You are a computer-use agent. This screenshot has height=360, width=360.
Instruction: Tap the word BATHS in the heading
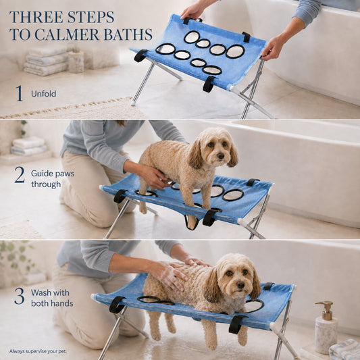pos(128,34)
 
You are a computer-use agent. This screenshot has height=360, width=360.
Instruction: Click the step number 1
pos(20,93)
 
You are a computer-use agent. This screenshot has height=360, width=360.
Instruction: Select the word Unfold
pos(44,94)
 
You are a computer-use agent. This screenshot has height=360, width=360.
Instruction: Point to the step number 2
pos(20,175)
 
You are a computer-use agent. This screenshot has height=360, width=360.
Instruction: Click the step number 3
pos(20,297)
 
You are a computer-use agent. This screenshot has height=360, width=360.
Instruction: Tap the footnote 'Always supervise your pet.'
pos(38,351)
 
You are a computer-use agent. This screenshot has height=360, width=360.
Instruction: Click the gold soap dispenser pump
pos(325,310)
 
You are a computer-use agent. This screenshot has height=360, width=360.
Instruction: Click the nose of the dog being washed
pos(240,285)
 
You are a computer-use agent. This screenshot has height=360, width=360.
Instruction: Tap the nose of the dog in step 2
pos(221,156)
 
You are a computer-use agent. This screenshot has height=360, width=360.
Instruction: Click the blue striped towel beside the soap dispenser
pos(344,350)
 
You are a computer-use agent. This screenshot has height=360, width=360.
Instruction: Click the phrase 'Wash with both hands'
pos(52,298)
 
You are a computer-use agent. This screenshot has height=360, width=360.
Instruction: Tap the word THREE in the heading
pos(33,17)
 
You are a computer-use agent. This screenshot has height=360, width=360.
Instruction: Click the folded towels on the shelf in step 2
pos(28,146)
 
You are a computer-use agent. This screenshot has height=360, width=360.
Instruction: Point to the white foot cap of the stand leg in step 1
pos(133,103)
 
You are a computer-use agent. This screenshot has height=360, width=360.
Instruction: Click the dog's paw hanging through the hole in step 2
pos(192,224)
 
